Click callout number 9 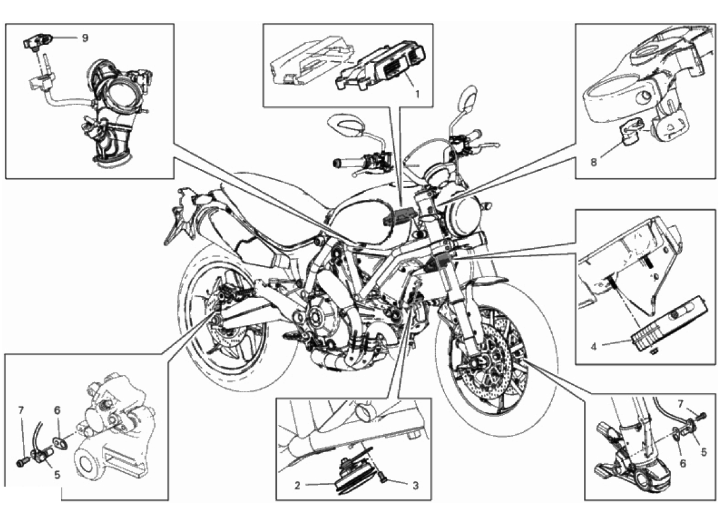[x=85, y=38]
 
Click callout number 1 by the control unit [x=417, y=94]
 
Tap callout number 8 [x=594, y=162]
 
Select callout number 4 [x=594, y=346]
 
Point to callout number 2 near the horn [x=298, y=485]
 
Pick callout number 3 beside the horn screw [x=415, y=485]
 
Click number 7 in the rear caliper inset [x=21, y=410]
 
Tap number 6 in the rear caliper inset [x=57, y=410]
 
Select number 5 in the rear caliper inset [x=57, y=475]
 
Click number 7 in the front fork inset [x=680, y=404]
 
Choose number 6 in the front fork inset [x=683, y=463]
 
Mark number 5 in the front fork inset [x=704, y=453]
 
